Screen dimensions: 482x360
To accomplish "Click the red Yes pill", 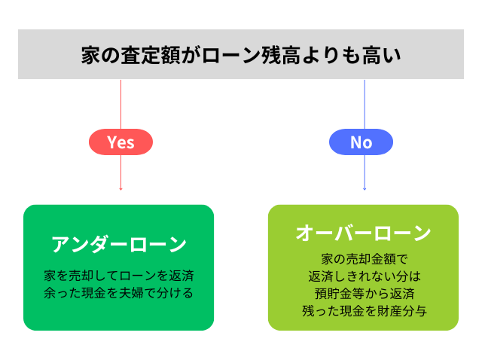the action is [x=120, y=142].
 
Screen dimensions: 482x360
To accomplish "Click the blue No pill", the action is [x=361, y=142].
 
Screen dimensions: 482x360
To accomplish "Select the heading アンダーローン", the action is [x=119, y=245].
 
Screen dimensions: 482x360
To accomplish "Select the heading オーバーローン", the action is [x=363, y=233].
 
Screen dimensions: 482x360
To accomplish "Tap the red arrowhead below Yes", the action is [x=120, y=189].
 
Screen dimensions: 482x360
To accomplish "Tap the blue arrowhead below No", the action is [x=365, y=189].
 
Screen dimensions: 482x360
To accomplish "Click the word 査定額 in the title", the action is [x=151, y=55].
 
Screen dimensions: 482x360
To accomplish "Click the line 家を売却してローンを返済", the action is [x=119, y=276].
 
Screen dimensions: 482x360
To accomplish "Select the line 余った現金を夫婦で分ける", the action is [x=119, y=293].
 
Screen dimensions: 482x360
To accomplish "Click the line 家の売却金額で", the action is [x=365, y=259].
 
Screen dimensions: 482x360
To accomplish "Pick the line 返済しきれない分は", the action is [x=365, y=276].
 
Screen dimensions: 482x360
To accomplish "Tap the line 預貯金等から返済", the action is [x=365, y=293].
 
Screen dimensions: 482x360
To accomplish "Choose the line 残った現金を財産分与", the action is [x=365, y=311].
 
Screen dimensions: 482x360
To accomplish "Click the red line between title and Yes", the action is [x=120, y=105].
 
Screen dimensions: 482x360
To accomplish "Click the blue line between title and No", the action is [x=365, y=105].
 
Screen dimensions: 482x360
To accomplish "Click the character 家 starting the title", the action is [x=91, y=55].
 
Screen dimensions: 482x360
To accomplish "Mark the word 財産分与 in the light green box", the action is [x=402, y=311].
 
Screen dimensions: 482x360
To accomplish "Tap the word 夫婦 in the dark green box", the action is [x=131, y=293].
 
